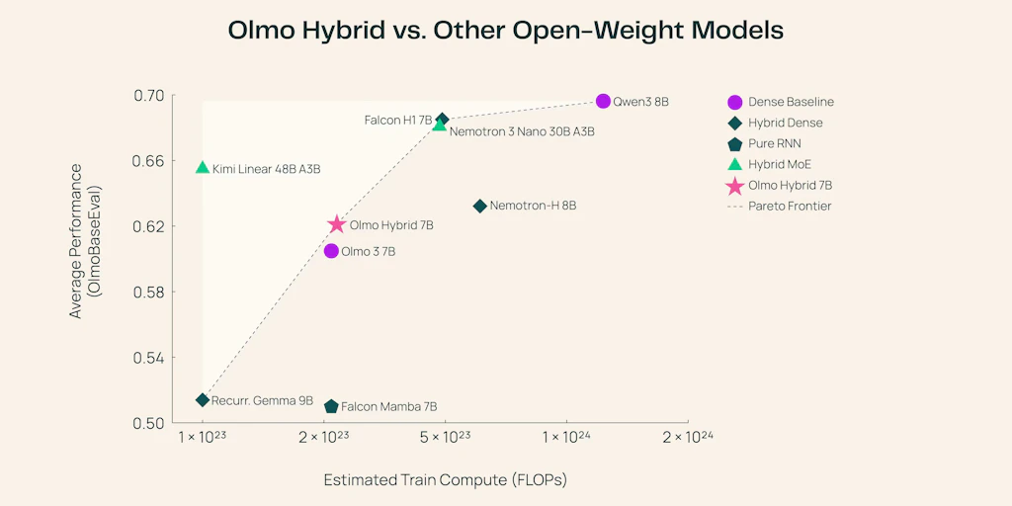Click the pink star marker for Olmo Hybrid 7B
pyautogui.click(x=337, y=225)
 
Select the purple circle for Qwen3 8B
pyautogui.click(x=604, y=101)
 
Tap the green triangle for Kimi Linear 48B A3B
pyautogui.click(x=203, y=168)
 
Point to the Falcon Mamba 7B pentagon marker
pyautogui.click(x=331, y=406)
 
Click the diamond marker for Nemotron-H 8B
pyautogui.click(x=480, y=206)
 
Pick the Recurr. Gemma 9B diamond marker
pyautogui.click(x=203, y=400)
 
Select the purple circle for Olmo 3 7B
pyautogui.click(x=331, y=251)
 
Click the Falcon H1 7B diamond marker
pyautogui.click(x=443, y=120)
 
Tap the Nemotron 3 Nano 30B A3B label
pyautogui.click(x=522, y=130)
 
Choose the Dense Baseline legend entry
pyautogui.click(x=791, y=102)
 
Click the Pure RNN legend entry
pyautogui.click(x=774, y=143)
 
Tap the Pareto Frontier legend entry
pyautogui.click(x=790, y=206)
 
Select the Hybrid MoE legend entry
pyautogui.click(x=779, y=164)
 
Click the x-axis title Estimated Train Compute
pyautogui.click(x=445, y=480)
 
